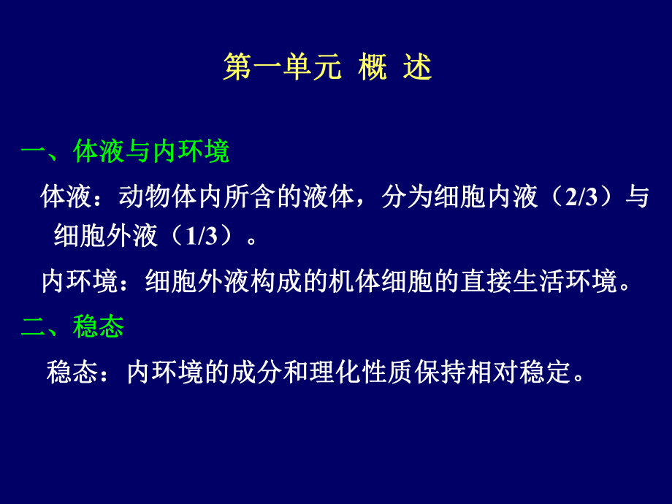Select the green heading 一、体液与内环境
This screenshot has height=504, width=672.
(x=125, y=151)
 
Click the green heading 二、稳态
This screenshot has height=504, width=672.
(x=72, y=327)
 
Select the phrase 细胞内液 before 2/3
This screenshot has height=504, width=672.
(x=486, y=198)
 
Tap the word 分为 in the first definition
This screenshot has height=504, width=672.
(x=405, y=198)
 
